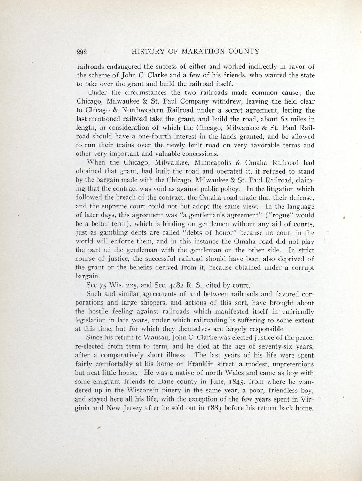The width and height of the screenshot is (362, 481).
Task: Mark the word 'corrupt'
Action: click(x=302, y=268)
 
